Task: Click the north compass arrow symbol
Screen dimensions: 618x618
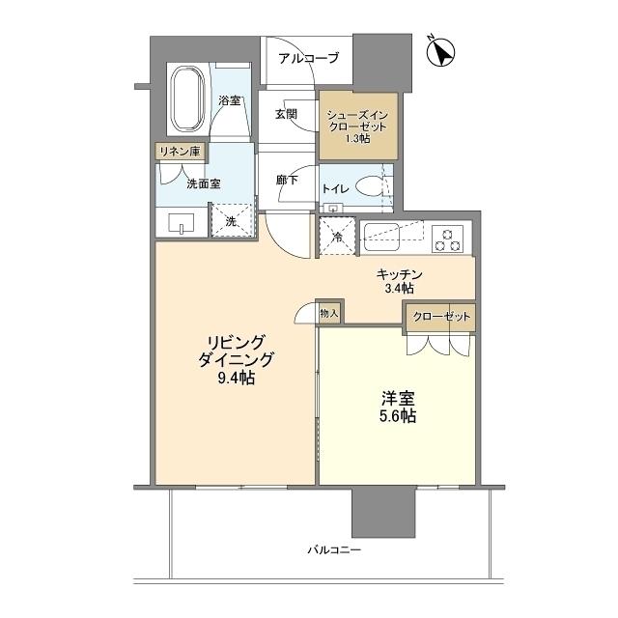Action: tap(441, 51)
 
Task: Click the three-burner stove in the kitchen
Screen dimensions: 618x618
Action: tap(447, 239)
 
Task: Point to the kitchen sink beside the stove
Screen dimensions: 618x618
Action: tap(381, 237)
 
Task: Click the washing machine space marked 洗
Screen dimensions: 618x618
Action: tap(232, 220)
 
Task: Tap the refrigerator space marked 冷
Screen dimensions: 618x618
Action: tap(337, 237)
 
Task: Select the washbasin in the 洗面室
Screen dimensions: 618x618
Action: tap(182, 223)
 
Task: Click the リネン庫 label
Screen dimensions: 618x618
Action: tap(180, 152)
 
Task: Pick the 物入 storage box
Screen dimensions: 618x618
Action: tap(329, 313)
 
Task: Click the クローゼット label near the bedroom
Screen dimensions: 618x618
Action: tap(441, 316)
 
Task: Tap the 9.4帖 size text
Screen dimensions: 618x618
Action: tap(236, 378)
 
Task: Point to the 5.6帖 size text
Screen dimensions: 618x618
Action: tap(397, 416)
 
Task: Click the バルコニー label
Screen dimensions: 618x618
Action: tap(334, 549)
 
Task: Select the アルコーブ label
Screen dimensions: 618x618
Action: tap(309, 58)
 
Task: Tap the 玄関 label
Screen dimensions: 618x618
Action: tap(286, 114)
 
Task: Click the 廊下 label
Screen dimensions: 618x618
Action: tap(287, 181)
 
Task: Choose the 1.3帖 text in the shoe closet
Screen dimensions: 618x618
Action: tap(357, 138)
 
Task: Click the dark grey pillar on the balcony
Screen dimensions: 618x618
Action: tap(383, 513)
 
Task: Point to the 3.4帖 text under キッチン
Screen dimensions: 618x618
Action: tap(399, 289)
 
